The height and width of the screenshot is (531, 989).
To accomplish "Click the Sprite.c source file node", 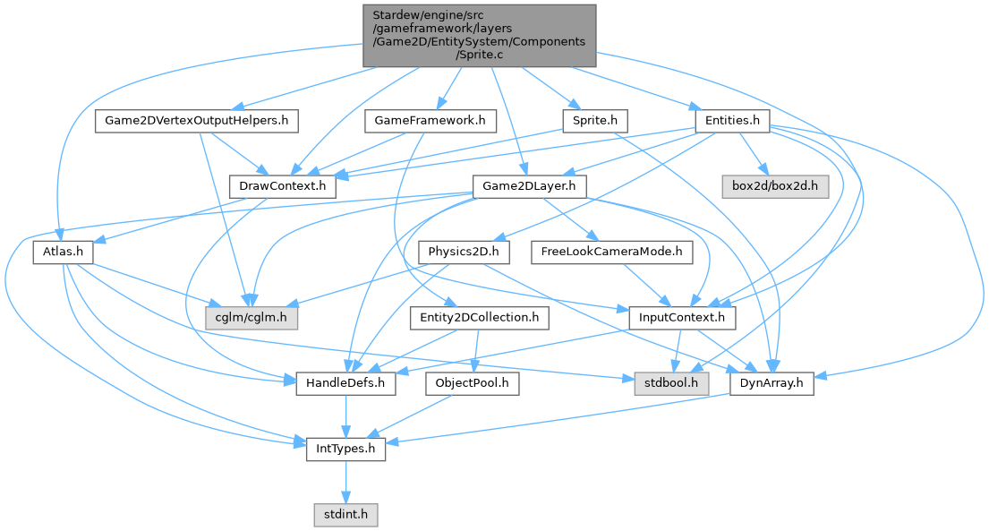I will (x=479, y=35).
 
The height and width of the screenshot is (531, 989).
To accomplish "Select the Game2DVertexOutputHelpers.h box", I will (x=197, y=119).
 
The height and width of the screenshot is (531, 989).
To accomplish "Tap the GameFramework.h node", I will (x=430, y=119).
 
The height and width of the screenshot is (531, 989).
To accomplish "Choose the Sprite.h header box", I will (x=595, y=119).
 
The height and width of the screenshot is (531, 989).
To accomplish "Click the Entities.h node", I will (x=732, y=119).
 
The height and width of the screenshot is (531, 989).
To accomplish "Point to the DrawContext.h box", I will (x=283, y=186).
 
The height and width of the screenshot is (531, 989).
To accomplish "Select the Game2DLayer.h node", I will (x=529, y=186).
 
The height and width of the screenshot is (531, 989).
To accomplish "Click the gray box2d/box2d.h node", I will (x=775, y=186).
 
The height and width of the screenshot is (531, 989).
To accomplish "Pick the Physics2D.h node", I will (x=464, y=253).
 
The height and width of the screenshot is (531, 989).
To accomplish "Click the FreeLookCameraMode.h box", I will (x=612, y=253).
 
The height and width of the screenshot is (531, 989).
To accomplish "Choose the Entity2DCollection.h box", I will (x=479, y=317).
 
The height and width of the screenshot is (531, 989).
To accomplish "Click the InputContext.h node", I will (x=682, y=317).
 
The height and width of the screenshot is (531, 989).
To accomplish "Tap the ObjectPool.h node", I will (x=473, y=384).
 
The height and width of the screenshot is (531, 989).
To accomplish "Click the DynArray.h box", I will (x=772, y=384).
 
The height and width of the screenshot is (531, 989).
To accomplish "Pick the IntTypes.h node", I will (x=346, y=450).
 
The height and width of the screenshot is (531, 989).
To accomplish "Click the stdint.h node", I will (x=346, y=515).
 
